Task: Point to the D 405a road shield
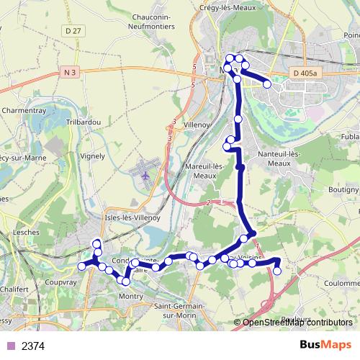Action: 305,73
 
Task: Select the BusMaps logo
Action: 325,345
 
